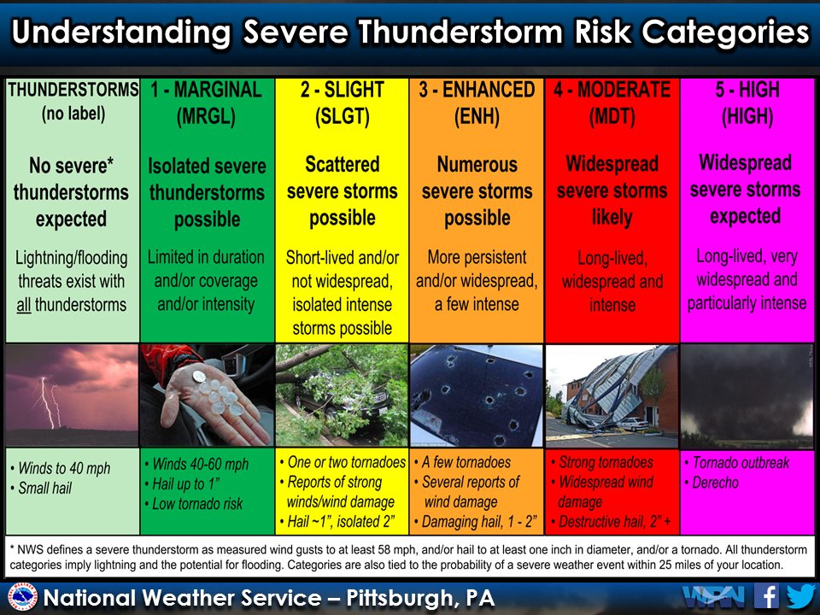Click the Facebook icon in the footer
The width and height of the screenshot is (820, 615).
[767, 595]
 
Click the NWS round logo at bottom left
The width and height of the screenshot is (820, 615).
[22, 597]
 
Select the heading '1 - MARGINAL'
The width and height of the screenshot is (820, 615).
[206, 90]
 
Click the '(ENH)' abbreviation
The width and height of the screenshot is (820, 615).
[476, 118]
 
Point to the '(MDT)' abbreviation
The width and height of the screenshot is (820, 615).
[612, 118]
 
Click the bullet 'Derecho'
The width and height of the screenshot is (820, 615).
[717, 483]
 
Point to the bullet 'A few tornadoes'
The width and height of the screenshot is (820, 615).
[466, 462]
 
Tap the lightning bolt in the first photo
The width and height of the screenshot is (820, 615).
[49, 401]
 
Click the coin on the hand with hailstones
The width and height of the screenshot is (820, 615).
[198, 376]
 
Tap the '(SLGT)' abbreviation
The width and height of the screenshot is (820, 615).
[342, 118]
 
